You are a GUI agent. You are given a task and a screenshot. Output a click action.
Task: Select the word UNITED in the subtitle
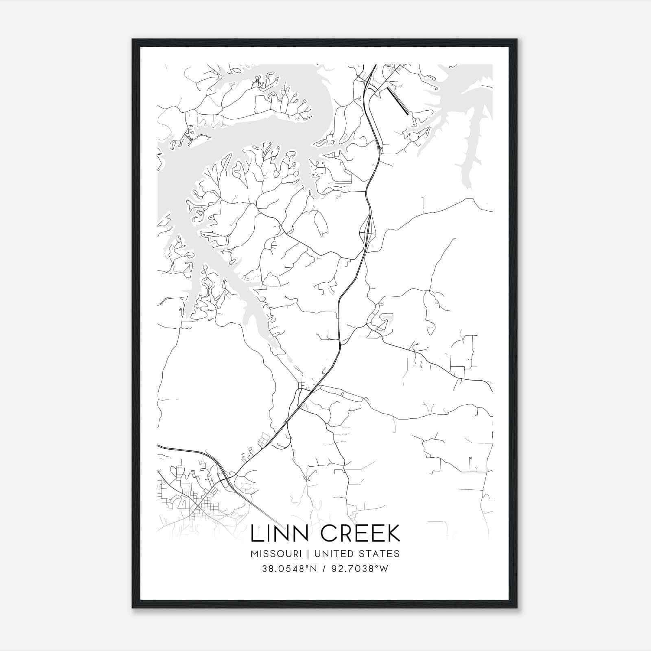(x=334, y=554)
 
